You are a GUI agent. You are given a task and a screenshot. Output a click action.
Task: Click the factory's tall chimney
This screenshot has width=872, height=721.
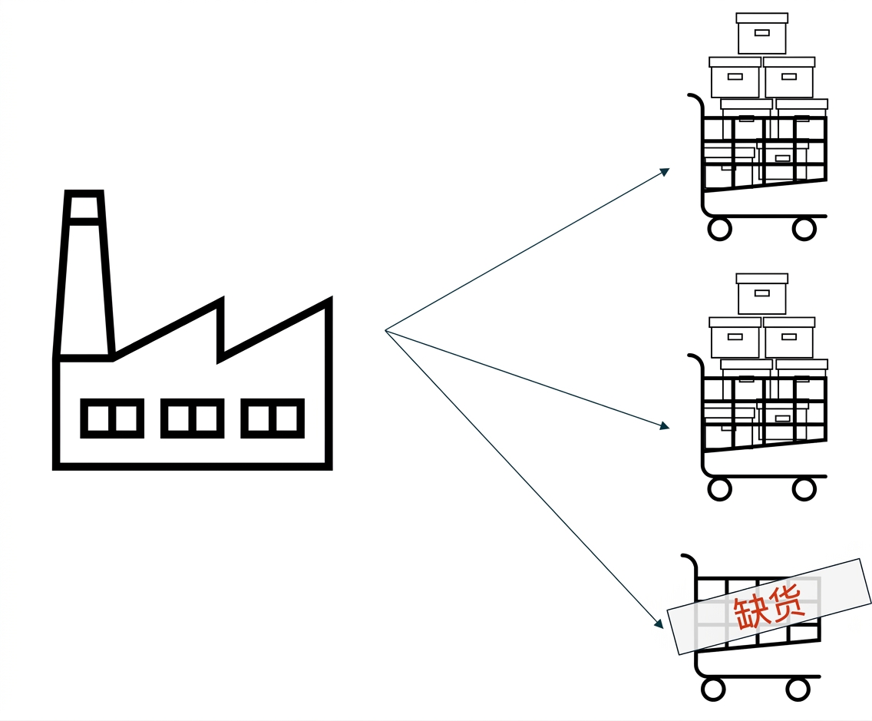click(84, 273)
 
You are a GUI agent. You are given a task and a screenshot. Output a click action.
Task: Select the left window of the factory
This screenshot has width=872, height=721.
click(112, 418)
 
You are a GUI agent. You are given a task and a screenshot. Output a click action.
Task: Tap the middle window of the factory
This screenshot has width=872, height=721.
click(193, 418)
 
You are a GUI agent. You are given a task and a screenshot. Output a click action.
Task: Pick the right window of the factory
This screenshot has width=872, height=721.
click(272, 418)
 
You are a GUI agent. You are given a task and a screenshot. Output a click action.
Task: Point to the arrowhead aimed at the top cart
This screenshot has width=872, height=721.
click(665, 171)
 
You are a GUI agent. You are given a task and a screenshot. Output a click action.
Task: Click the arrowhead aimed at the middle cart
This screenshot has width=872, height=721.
click(665, 426)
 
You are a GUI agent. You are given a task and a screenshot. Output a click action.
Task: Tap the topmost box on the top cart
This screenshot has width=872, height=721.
click(762, 33)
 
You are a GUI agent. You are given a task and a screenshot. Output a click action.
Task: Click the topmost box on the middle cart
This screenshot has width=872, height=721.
click(762, 294)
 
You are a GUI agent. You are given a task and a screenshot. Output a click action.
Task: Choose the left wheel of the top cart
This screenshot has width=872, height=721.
click(719, 229)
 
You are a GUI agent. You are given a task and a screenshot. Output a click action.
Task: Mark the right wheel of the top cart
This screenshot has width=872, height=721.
click(804, 229)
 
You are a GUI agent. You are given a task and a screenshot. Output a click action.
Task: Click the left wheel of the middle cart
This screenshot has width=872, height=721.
click(719, 489)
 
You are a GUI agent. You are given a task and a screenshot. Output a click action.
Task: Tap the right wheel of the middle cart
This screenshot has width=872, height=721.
click(804, 489)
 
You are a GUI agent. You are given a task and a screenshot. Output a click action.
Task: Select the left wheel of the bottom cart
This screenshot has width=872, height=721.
click(714, 690)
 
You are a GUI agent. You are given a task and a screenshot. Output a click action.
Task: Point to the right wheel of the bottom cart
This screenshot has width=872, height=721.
click(798, 690)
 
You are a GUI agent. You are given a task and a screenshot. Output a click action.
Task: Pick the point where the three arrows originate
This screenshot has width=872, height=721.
click(385, 330)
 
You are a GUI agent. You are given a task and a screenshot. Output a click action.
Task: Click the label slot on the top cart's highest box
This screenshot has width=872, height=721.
click(762, 33)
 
